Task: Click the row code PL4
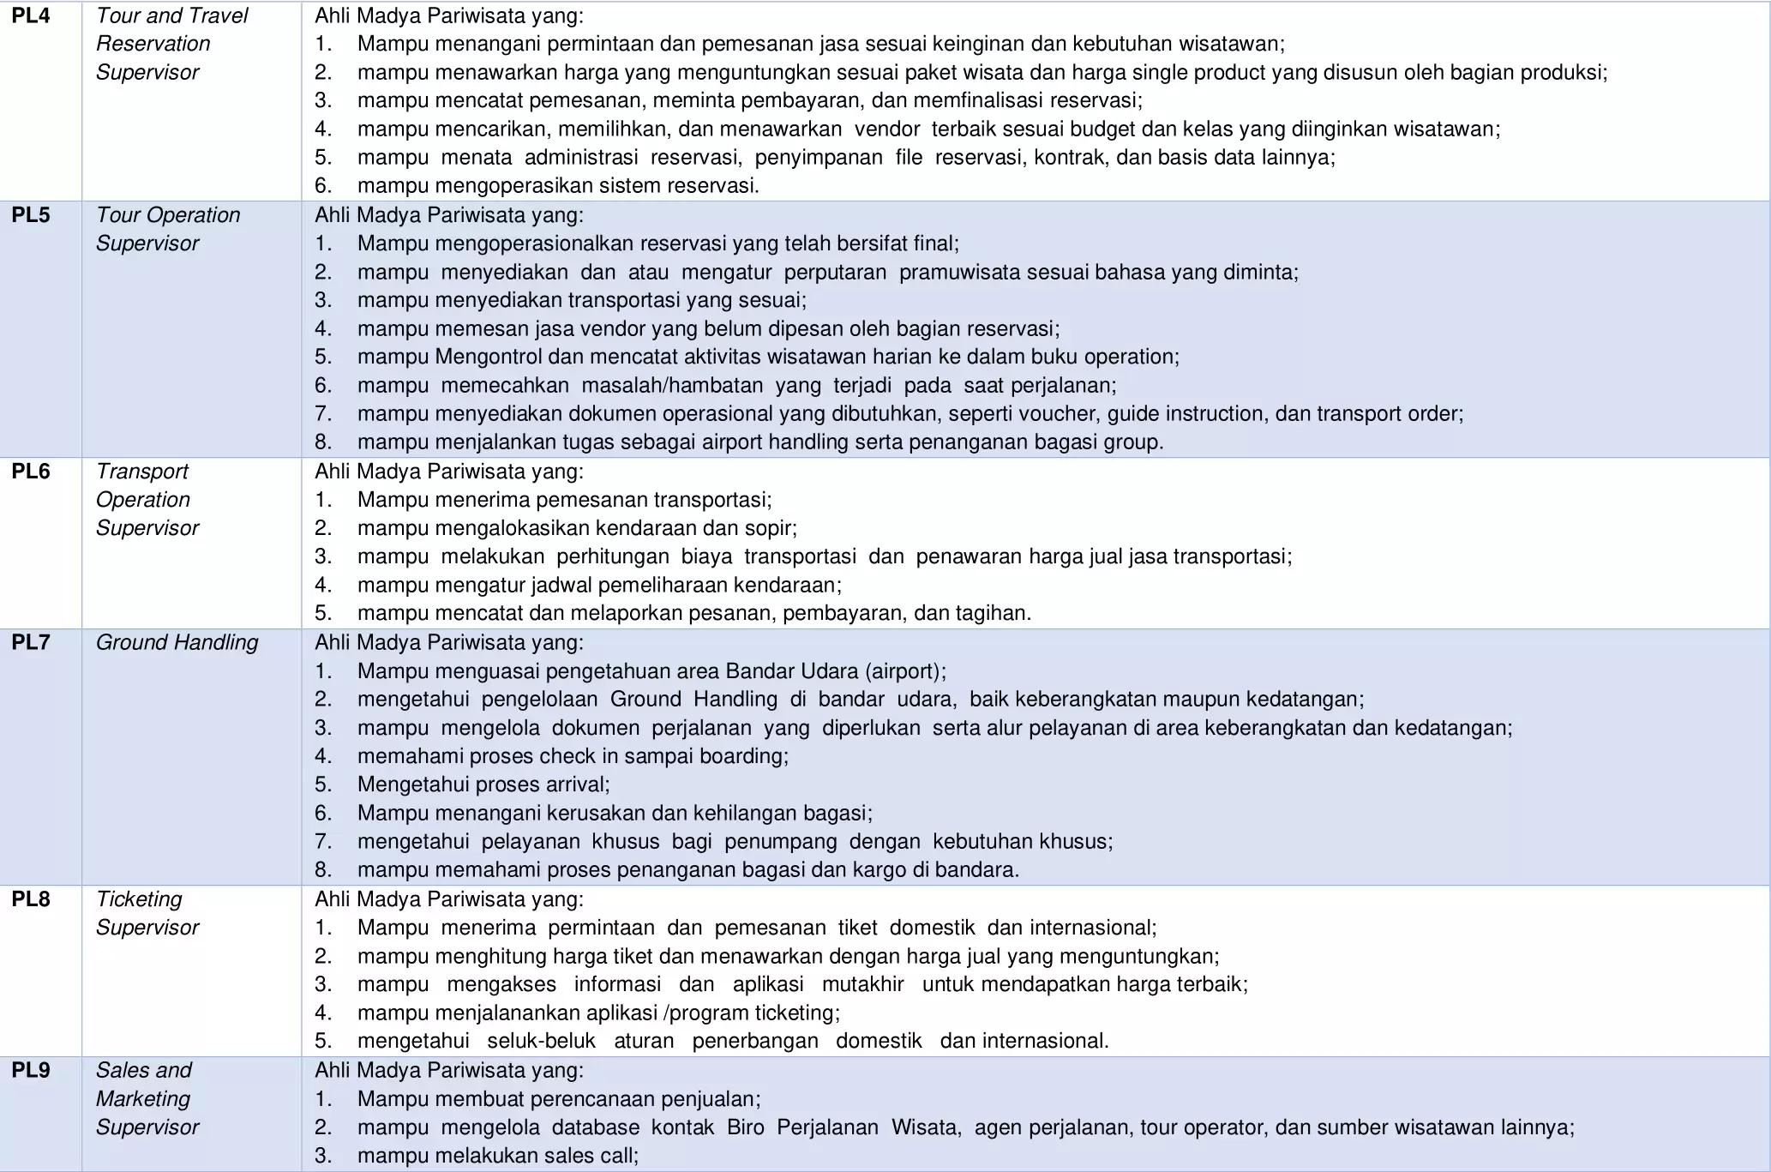point(31,15)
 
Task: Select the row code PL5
point(31,215)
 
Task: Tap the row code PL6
point(31,472)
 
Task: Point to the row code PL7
point(31,642)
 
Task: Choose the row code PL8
point(31,899)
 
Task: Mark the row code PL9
point(31,1070)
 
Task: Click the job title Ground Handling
point(177,642)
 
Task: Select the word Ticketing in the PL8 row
point(139,899)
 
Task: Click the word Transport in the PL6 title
point(141,472)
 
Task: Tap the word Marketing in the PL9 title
point(142,1098)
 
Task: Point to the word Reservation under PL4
point(153,44)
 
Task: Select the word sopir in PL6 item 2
point(771,528)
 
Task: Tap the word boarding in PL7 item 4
point(747,756)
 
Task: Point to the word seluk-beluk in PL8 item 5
point(541,1041)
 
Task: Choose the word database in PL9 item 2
point(595,1127)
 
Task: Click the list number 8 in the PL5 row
point(322,442)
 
